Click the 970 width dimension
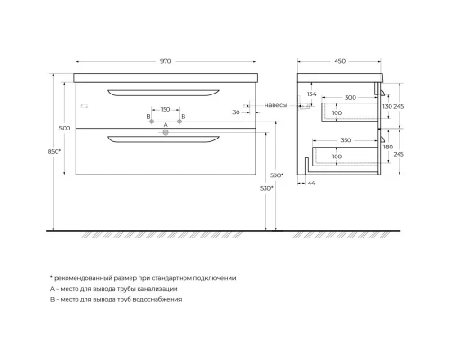click(x=166, y=61)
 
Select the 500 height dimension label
click(x=64, y=129)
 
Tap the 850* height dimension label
click(x=54, y=152)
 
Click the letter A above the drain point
click(x=165, y=123)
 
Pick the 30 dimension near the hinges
click(x=235, y=112)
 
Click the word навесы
click(x=276, y=105)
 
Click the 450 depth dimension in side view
click(x=340, y=61)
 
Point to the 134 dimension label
click(x=310, y=94)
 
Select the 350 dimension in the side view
click(x=347, y=141)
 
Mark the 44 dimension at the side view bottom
click(x=312, y=184)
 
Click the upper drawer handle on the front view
click(x=165, y=91)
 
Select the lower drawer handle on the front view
click(x=165, y=138)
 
